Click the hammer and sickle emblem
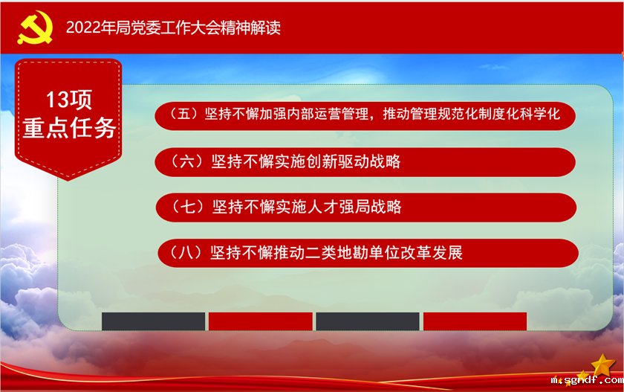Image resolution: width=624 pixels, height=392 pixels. (x=31, y=27)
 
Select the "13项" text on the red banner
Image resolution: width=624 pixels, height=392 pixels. (x=69, y=100)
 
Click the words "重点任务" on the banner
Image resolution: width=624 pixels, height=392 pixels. (x=69, y=127)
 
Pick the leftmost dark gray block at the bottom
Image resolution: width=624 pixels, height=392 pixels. (x=153, y=321)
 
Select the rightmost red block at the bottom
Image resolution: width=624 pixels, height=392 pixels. (x=475, y=321)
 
